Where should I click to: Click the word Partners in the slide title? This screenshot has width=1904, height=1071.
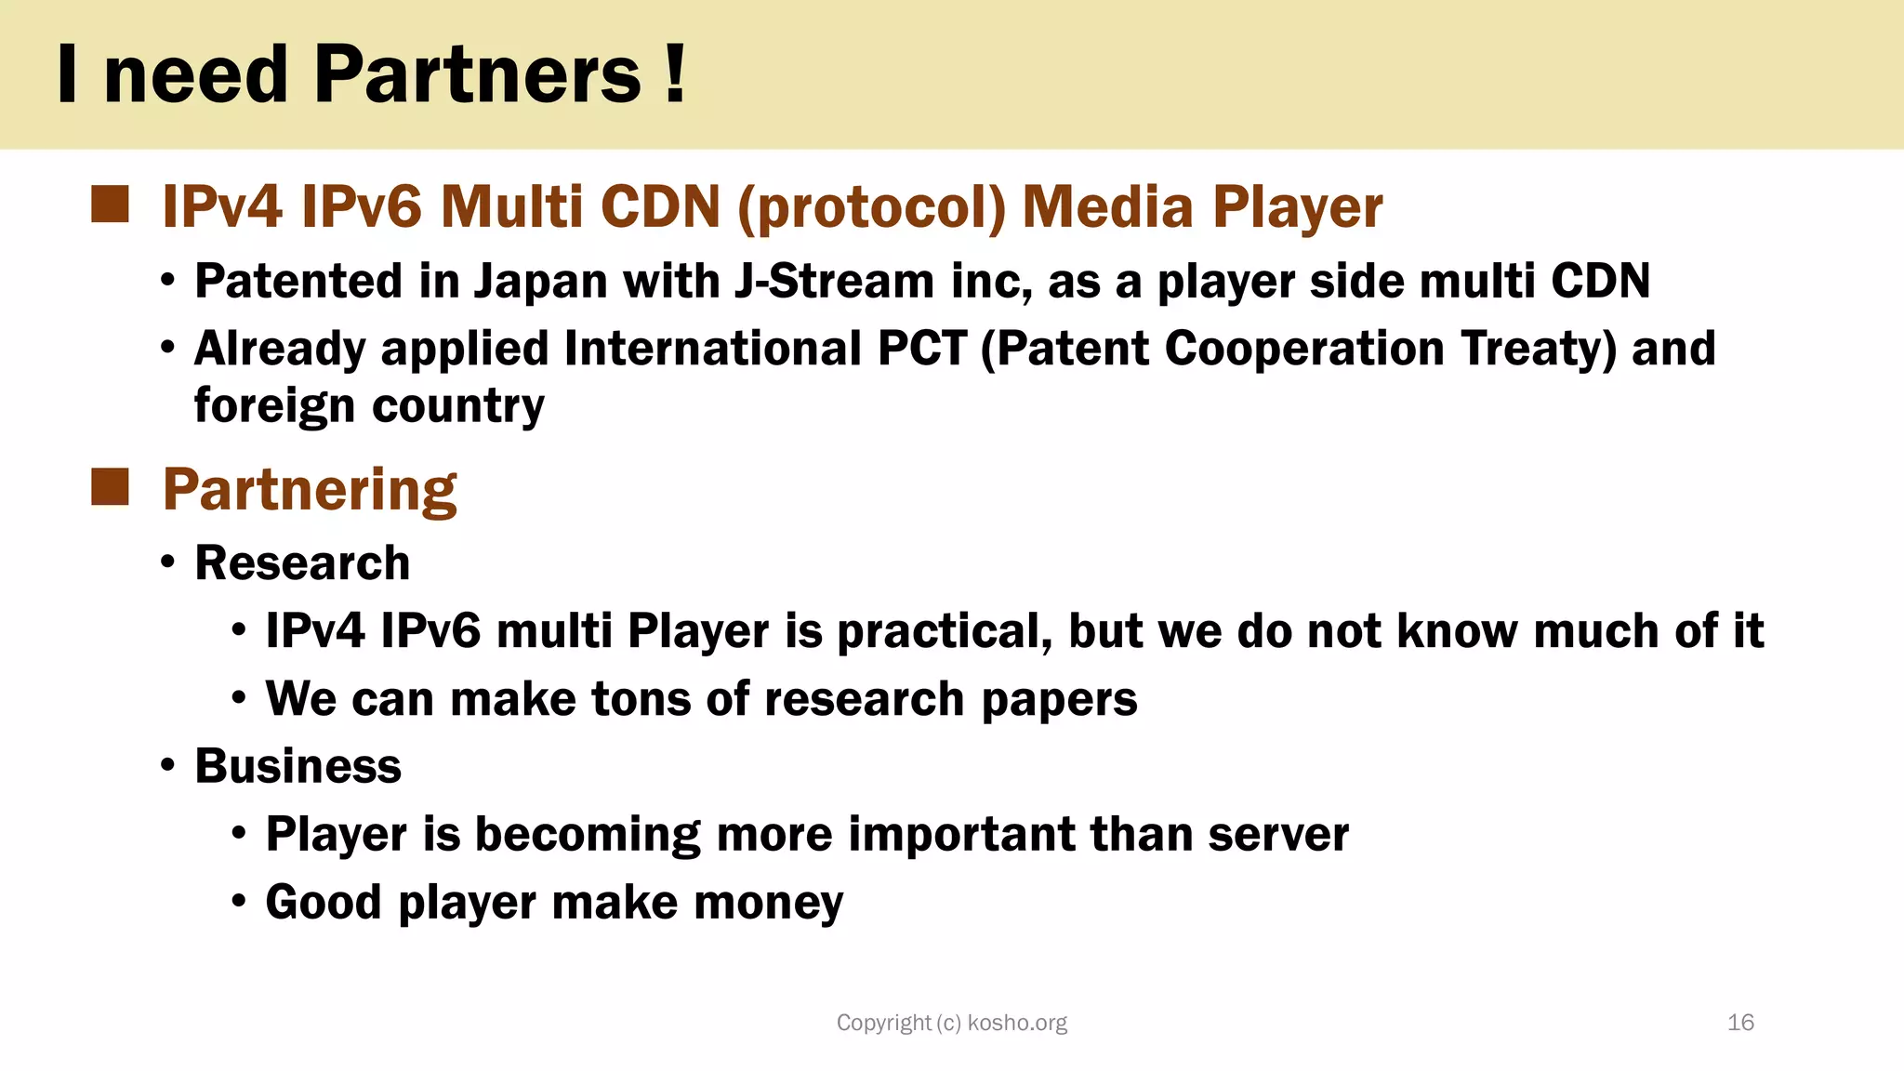pos(477,74)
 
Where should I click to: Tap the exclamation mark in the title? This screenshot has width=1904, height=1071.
pos(676,74)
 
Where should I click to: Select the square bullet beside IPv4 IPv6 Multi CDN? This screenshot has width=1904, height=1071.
pos(110,205)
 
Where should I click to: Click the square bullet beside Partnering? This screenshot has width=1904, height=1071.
pos(110,487)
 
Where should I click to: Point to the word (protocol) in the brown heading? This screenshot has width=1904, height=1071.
pos(871,206)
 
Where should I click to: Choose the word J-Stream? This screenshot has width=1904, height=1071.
pos(834,281)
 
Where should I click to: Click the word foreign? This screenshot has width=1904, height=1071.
pos(274,407)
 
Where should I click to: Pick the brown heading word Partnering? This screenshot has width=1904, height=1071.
pos(310,490)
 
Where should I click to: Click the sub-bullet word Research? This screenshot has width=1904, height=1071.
pos(302,563)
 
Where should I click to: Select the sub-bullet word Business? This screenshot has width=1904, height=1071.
pos(297,766)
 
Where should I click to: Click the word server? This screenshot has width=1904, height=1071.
pos(1278,834)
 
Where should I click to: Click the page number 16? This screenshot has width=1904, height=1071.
pos(1740,1023)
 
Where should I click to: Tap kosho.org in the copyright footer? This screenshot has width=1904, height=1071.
pos(1017,1024)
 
